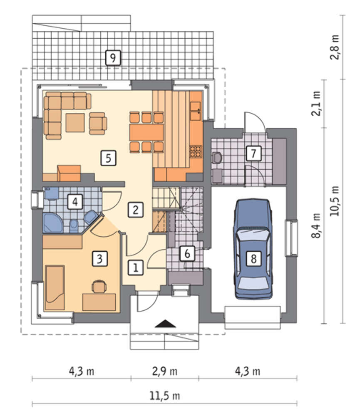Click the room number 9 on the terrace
[x=113, y=57]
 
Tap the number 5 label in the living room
[x=108, y=158]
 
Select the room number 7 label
[x=253, y=153]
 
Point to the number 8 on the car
[x=253, y=258]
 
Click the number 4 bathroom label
[x=75, y=202]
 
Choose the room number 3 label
[x=100, y=259]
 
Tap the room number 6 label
[x=187, y=253]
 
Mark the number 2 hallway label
[x=136, y=210]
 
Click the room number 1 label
[x=136, y=267]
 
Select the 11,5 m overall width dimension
[x=165, y=396]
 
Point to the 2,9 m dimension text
[x=165, y=371]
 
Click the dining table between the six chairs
[x=146, y=132]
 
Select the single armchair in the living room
[x=98, y=124]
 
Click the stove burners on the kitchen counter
[x=196, y=151]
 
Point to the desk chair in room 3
[x=99, y=287]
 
